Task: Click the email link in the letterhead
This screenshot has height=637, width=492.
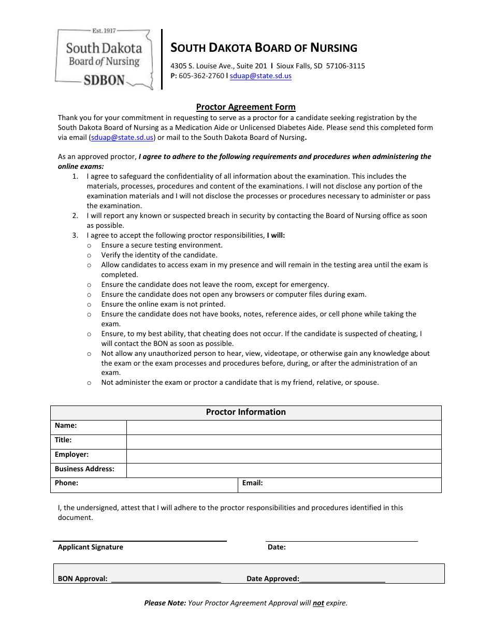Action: click(x=261, y=76)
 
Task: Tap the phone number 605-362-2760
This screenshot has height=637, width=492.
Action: click(x=201, y=76)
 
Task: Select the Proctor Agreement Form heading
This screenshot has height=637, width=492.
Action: click(x=245, y=107)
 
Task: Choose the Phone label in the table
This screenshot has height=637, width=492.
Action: click(x=66, y=483)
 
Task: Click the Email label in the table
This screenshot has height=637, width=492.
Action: click(x=252, y=483)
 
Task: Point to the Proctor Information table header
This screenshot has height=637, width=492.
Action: click(x=245, y=412)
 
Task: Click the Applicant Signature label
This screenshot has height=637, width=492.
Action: click(x=91, y=547)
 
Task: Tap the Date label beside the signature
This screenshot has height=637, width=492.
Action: click(x=277, y=547)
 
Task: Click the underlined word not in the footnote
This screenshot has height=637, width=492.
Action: click(x=318, y=603)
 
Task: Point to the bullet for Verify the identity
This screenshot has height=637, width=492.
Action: click(x=89, y=255)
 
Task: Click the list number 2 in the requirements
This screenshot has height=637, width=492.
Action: click(x=75, y=216)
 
